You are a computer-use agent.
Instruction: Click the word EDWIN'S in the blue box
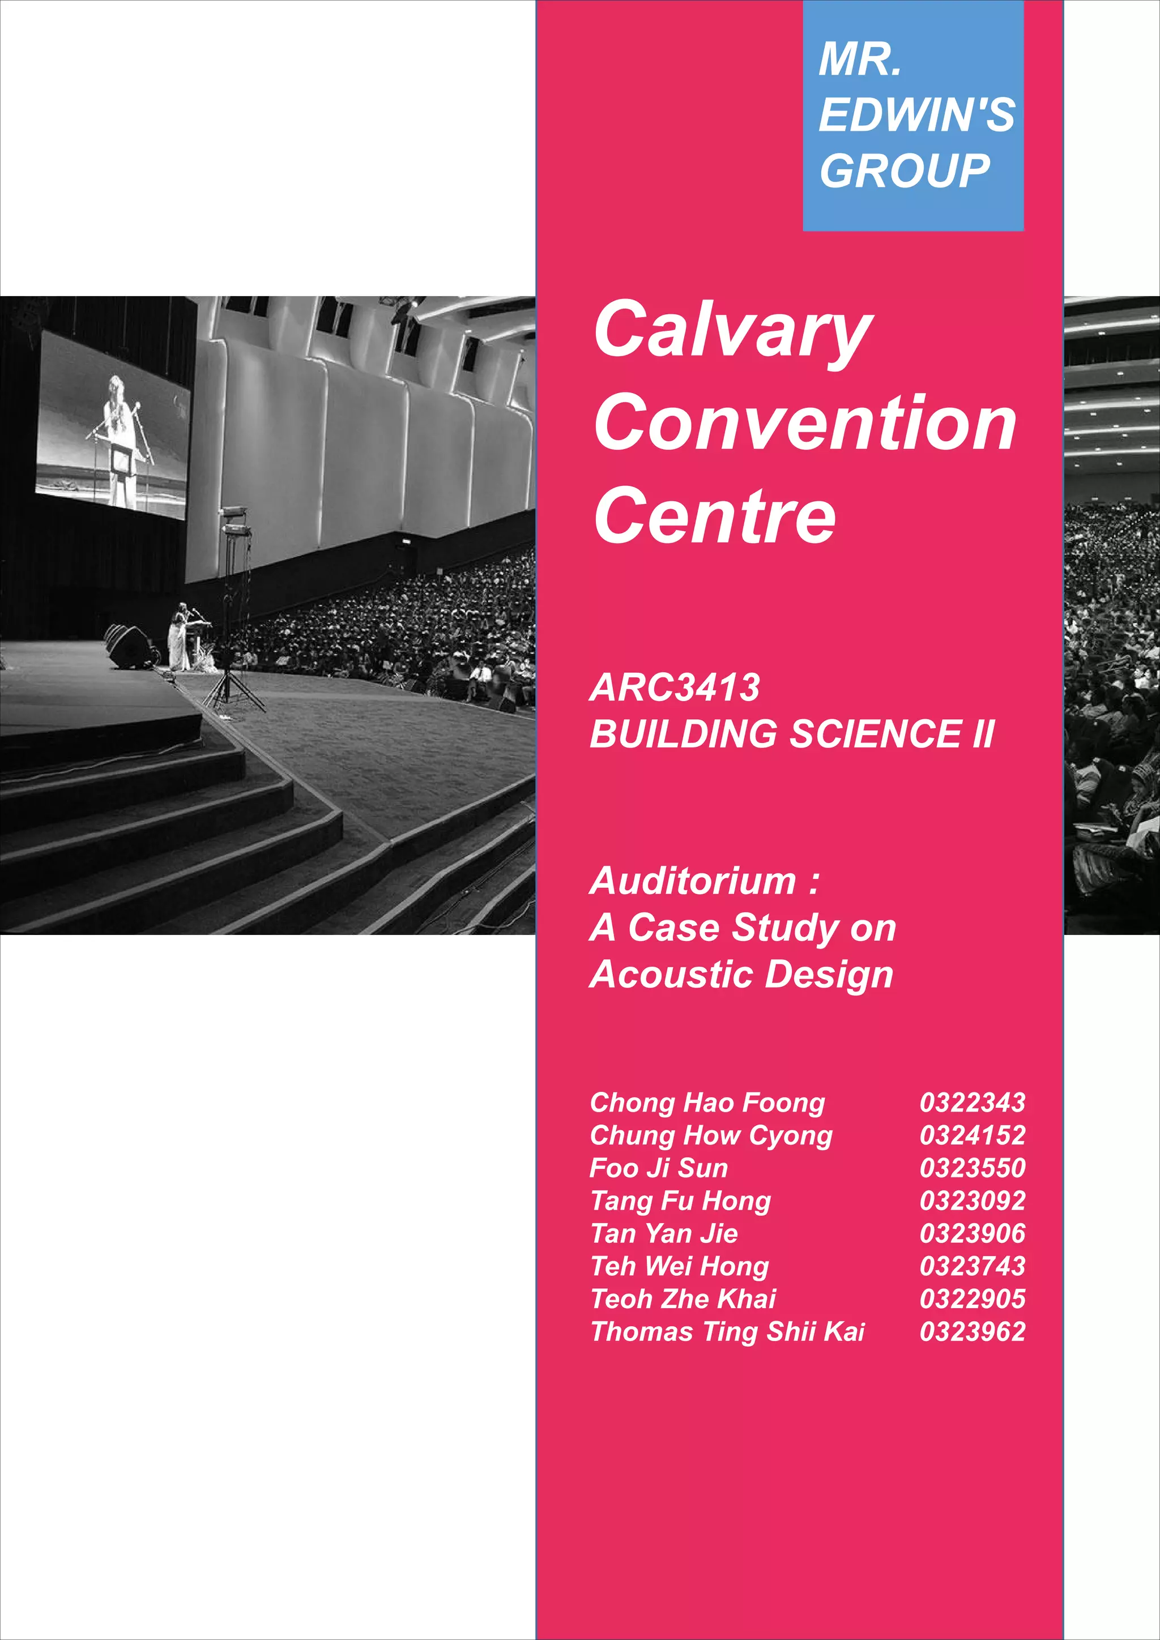[916, 114]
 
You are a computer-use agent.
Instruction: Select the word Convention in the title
[805, 423]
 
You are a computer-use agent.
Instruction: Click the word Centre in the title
[714, 515]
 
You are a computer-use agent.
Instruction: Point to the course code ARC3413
[674, 687]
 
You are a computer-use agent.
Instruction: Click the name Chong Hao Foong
[707, 1102]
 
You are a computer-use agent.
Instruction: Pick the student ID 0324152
[972, 1135]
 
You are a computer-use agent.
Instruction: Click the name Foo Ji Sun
[659, 1168]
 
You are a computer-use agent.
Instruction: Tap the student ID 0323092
[972, 1201]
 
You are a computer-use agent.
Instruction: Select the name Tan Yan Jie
[664, 1233]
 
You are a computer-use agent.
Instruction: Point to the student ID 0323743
[972, 1266]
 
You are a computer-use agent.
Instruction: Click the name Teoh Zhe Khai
[683, 1299]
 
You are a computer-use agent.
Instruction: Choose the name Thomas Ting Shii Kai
[727, 1331]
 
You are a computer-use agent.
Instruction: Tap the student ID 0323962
[972, 1331]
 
